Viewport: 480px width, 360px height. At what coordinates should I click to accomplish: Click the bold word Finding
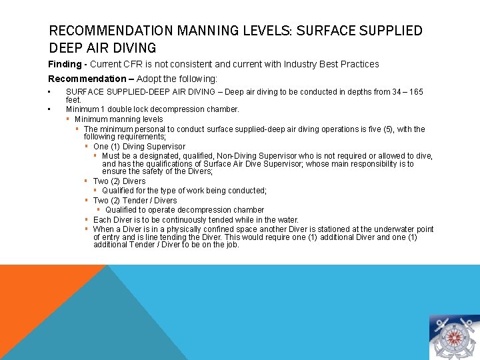65,64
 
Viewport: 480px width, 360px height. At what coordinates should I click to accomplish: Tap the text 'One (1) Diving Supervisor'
139,147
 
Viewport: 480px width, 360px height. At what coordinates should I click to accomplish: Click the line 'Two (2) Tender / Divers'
135,200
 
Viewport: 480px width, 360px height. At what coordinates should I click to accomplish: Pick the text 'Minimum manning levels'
119,119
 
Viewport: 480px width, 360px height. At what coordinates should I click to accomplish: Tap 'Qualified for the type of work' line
184,191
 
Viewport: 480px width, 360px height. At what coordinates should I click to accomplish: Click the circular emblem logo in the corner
453,337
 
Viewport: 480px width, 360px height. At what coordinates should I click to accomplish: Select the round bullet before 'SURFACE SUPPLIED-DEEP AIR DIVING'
50,92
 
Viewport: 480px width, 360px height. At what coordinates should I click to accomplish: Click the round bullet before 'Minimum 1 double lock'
50,109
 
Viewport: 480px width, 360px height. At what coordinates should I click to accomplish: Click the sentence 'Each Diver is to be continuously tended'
196,220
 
